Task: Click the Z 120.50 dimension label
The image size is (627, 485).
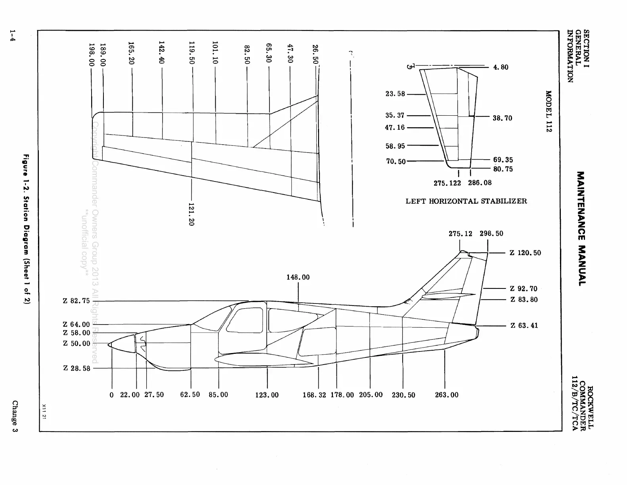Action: click(525, 253)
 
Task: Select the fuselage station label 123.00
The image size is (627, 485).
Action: click(267, 395)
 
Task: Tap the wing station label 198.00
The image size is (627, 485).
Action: click(92, 55)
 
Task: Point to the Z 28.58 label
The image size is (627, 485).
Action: click(77, 368)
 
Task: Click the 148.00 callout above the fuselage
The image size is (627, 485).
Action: click(298, 277)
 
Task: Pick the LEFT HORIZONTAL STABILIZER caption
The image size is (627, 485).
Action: click(466, 201)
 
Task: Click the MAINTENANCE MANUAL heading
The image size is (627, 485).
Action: click(581, 229)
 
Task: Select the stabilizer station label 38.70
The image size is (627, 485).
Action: click(502, 118)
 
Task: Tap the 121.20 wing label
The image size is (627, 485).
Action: click(191, 214)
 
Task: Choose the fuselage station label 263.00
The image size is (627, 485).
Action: click(447, 395)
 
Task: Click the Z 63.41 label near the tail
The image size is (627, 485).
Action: click(524, 326)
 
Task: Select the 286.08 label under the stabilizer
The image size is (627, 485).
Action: click(480, 183)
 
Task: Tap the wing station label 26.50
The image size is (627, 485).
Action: click(315, 54)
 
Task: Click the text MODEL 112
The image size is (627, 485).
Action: click(549, 111)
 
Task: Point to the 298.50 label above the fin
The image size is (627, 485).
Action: click(491, 233)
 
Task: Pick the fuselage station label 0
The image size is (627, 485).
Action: click(112, 395)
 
